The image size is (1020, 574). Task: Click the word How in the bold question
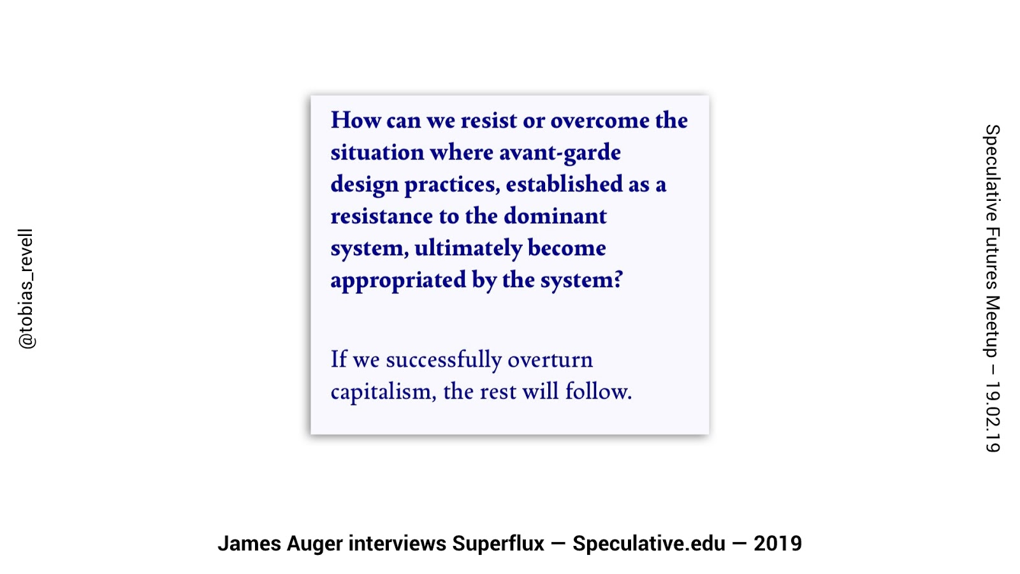point(356,121)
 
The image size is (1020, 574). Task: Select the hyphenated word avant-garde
point(560,152)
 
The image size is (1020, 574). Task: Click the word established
point(564,184)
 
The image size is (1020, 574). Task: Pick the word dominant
point(555,216)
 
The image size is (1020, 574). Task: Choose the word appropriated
point(398,281)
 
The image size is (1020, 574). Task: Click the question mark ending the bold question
point(618,279)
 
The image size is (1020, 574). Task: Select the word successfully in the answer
point(444,360)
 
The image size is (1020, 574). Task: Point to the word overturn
point(550,360)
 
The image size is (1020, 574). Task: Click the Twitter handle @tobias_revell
point(26,289)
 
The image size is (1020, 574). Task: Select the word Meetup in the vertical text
point(992,327)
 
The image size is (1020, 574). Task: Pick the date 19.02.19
point(992,417)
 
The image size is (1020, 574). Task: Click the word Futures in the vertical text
point(992,258)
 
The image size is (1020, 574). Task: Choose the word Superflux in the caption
point(498,543)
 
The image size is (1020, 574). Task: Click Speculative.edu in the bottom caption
point(649,543)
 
